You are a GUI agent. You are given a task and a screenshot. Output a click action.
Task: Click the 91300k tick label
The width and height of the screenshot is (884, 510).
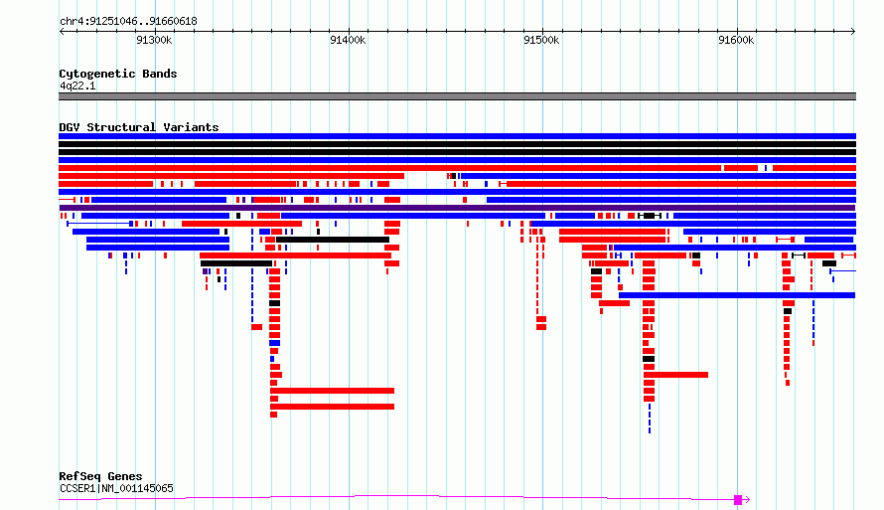click(154, 40)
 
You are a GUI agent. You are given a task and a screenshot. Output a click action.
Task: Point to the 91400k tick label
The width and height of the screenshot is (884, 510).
click(348, 40)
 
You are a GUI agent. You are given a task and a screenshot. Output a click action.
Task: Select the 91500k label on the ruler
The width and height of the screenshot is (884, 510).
click(541, 40)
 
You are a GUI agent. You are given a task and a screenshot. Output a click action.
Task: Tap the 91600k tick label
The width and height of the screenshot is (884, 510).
click(736, 40)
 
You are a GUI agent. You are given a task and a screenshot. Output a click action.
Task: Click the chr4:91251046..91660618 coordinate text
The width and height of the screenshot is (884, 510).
click(128, 22)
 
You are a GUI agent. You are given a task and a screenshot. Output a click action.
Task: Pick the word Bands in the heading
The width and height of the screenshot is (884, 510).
click(160, 74)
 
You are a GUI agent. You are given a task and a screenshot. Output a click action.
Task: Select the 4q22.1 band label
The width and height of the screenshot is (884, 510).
click(77, 85)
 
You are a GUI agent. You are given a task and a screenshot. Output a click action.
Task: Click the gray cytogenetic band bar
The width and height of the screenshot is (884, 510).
click(457, 96)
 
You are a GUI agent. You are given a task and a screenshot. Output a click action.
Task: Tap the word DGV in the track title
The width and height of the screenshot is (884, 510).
click(70, 127)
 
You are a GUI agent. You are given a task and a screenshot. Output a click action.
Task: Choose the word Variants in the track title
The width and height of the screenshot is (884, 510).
click(191, 127)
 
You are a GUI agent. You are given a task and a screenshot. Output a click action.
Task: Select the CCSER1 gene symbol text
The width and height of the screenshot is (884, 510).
click(78, 488)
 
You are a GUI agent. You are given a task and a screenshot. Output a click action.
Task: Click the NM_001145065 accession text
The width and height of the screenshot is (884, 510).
click(137, 488)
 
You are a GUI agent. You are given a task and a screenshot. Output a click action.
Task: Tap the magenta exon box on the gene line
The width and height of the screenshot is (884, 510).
click(737, 500)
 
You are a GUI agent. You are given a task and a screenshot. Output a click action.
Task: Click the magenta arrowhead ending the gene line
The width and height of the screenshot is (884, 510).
click(748, 500)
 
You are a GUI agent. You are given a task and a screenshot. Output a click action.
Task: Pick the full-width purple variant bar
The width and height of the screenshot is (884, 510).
click(457, 208)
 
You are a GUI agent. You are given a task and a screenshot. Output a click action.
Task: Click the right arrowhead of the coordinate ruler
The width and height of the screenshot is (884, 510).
click(853, 32)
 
